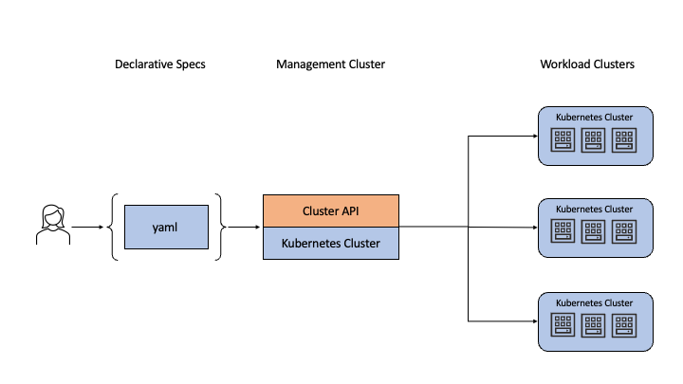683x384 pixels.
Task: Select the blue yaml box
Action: click(x=166, y=227)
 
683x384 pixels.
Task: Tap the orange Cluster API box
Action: click(x=331, y=210)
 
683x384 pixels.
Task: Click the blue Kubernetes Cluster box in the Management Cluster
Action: click(x=331, y=243)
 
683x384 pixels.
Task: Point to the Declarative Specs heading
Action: click(x=160, y=64)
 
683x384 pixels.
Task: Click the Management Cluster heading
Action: click(x=330, y=64)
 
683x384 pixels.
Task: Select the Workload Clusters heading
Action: click(x=587, y=64)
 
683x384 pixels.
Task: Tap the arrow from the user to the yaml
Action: click(x=86, y=227)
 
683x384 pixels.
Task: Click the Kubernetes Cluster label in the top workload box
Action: click(x=595, y=117)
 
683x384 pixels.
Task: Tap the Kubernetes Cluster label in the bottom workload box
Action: click(x=595, y=302)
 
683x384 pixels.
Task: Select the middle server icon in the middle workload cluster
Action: click(x=595, y=232)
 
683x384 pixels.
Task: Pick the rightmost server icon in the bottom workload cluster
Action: click(x=624, y=325)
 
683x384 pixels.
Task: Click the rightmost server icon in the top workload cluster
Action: click(x=624, y=140)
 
